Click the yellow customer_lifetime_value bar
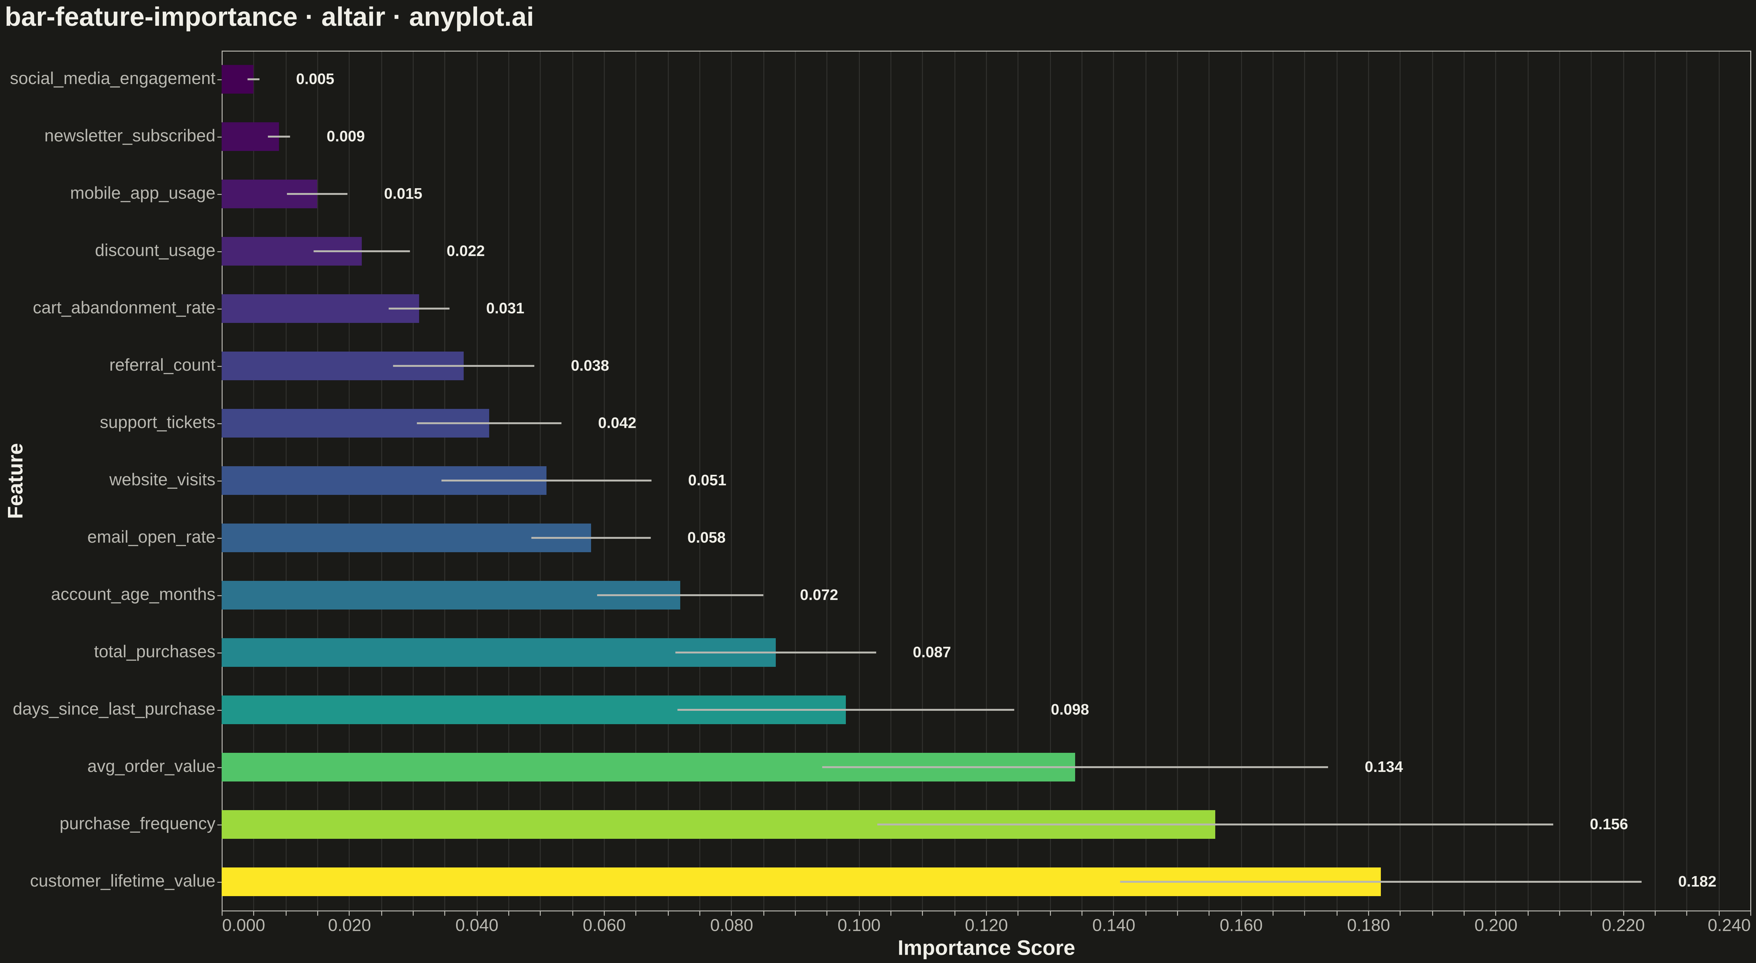tap(801, 881)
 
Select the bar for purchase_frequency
tap(718, 824)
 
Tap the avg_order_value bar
tap(648, 767)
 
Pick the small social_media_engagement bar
tap(238, 79)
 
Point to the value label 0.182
tap(1697, 881)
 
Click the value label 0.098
tap(1069, 710)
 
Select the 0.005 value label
tap(315, 79)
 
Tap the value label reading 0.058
tap(706, 538)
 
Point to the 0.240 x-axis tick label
tap(1729, 925)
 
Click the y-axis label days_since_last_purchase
tap(114, 710)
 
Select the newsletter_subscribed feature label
tap(130, 136)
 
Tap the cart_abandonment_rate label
tap(124, 308)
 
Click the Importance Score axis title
tap(986, 948)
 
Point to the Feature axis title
tap(16, 481)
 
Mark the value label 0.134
tap(1383, 767)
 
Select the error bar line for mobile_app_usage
tap(317, 194)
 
